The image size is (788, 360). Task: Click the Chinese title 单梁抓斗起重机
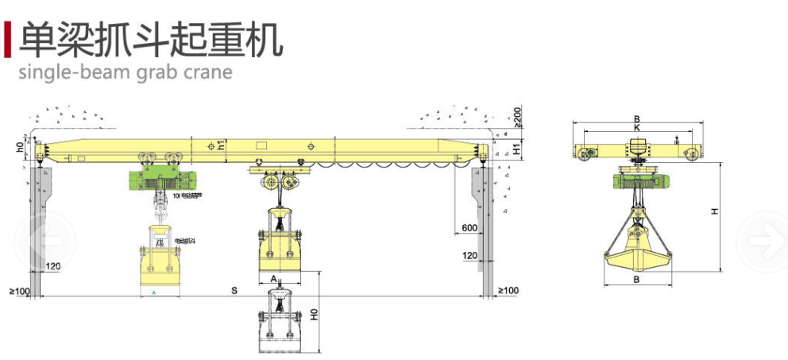pyautogui.click(x=152, y=39)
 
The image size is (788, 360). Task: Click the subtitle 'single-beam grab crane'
pyautogui.click(x=126, y=72)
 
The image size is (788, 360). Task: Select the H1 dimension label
pyautogui.click(x=516, y=149)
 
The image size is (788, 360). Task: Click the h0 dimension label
pyautogui.click(x=20, y=147)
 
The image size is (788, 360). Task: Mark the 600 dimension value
pyautogui.click(x=469, y=229)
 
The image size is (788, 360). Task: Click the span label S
pyautogui.click(x=235, y=291)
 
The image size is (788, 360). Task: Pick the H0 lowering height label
pyautogui.click(x=314, y=315)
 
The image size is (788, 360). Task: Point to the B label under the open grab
pyautogui.click(x=637, y=280)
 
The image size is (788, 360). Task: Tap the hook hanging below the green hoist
pyautogui.click(x=161, y=209)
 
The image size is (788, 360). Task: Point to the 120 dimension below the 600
pyautogui.click(x=469, y=255)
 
